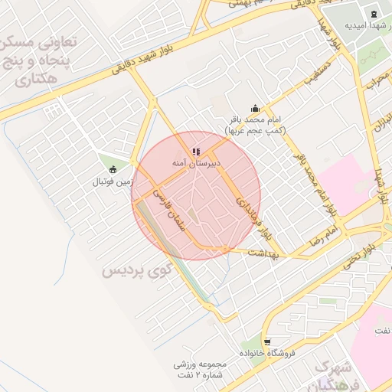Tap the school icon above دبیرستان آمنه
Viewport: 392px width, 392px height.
coord(195,152)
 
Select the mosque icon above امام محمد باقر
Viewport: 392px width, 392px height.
coord(255,109)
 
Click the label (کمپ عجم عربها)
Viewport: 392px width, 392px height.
coord(255,131)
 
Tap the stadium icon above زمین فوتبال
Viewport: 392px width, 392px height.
coord(113,169)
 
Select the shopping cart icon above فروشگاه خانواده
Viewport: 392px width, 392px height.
coord(266,341)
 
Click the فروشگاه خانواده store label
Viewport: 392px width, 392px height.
coord(266,354)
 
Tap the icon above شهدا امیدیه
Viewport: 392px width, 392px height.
coord(374,13)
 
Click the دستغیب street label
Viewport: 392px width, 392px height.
coord(320,77)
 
